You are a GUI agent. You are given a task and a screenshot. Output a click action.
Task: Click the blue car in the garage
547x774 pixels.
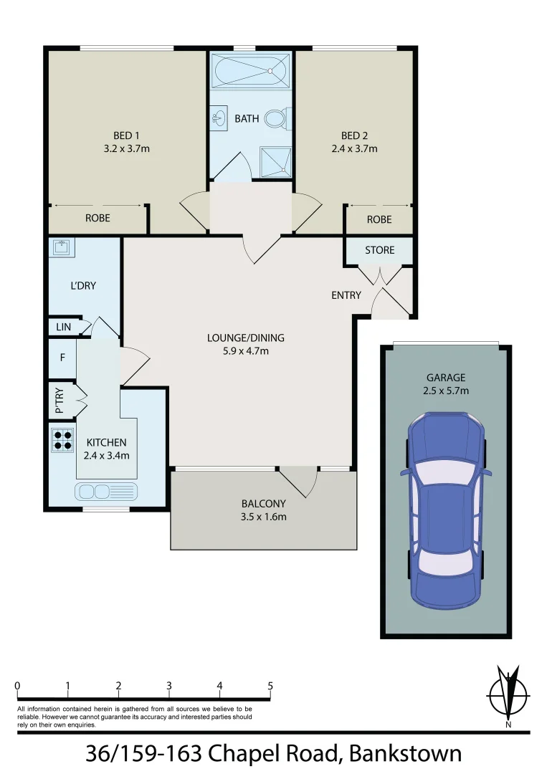pyautogui.click(x=445, y=510)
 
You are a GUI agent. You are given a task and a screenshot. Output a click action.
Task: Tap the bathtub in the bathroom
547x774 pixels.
pyautogui.click(x=251, y=71)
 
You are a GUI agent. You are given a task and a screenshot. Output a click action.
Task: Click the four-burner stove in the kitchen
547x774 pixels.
pyautogui.click(x=62, y=439)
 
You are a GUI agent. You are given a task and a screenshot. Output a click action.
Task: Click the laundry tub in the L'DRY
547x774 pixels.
pyautogui.click(x=61, y=247)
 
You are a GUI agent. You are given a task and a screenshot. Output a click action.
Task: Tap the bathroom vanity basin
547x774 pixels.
pyautogui.click(x=218, y=117)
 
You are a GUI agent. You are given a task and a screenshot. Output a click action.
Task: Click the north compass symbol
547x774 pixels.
pyautogui.click(x=508, y=694)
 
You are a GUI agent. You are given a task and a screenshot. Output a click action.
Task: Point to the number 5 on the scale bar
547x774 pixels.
pyautogui.click(x=270, y=686)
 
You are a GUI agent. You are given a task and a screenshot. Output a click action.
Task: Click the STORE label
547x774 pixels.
pyautogui.click(x=379, y=250)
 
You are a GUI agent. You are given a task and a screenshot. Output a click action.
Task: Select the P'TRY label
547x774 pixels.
pyautogui.click(x=60, y=402)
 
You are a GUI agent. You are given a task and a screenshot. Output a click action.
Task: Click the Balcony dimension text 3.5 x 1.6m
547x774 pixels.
pyautogui.click(x=264, y=517)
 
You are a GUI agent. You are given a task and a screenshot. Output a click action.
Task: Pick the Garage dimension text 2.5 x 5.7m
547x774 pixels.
pyautogui.click(x=446, y=391)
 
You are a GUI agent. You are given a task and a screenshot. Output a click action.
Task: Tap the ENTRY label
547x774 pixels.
pyautogui.click(x=346, y=295)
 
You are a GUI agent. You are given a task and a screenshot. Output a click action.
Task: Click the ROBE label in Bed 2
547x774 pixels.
pyautogui.click(x=379, y=219)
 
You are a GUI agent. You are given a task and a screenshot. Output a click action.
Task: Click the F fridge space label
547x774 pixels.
pyautogui.click(x=62, y=356)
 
